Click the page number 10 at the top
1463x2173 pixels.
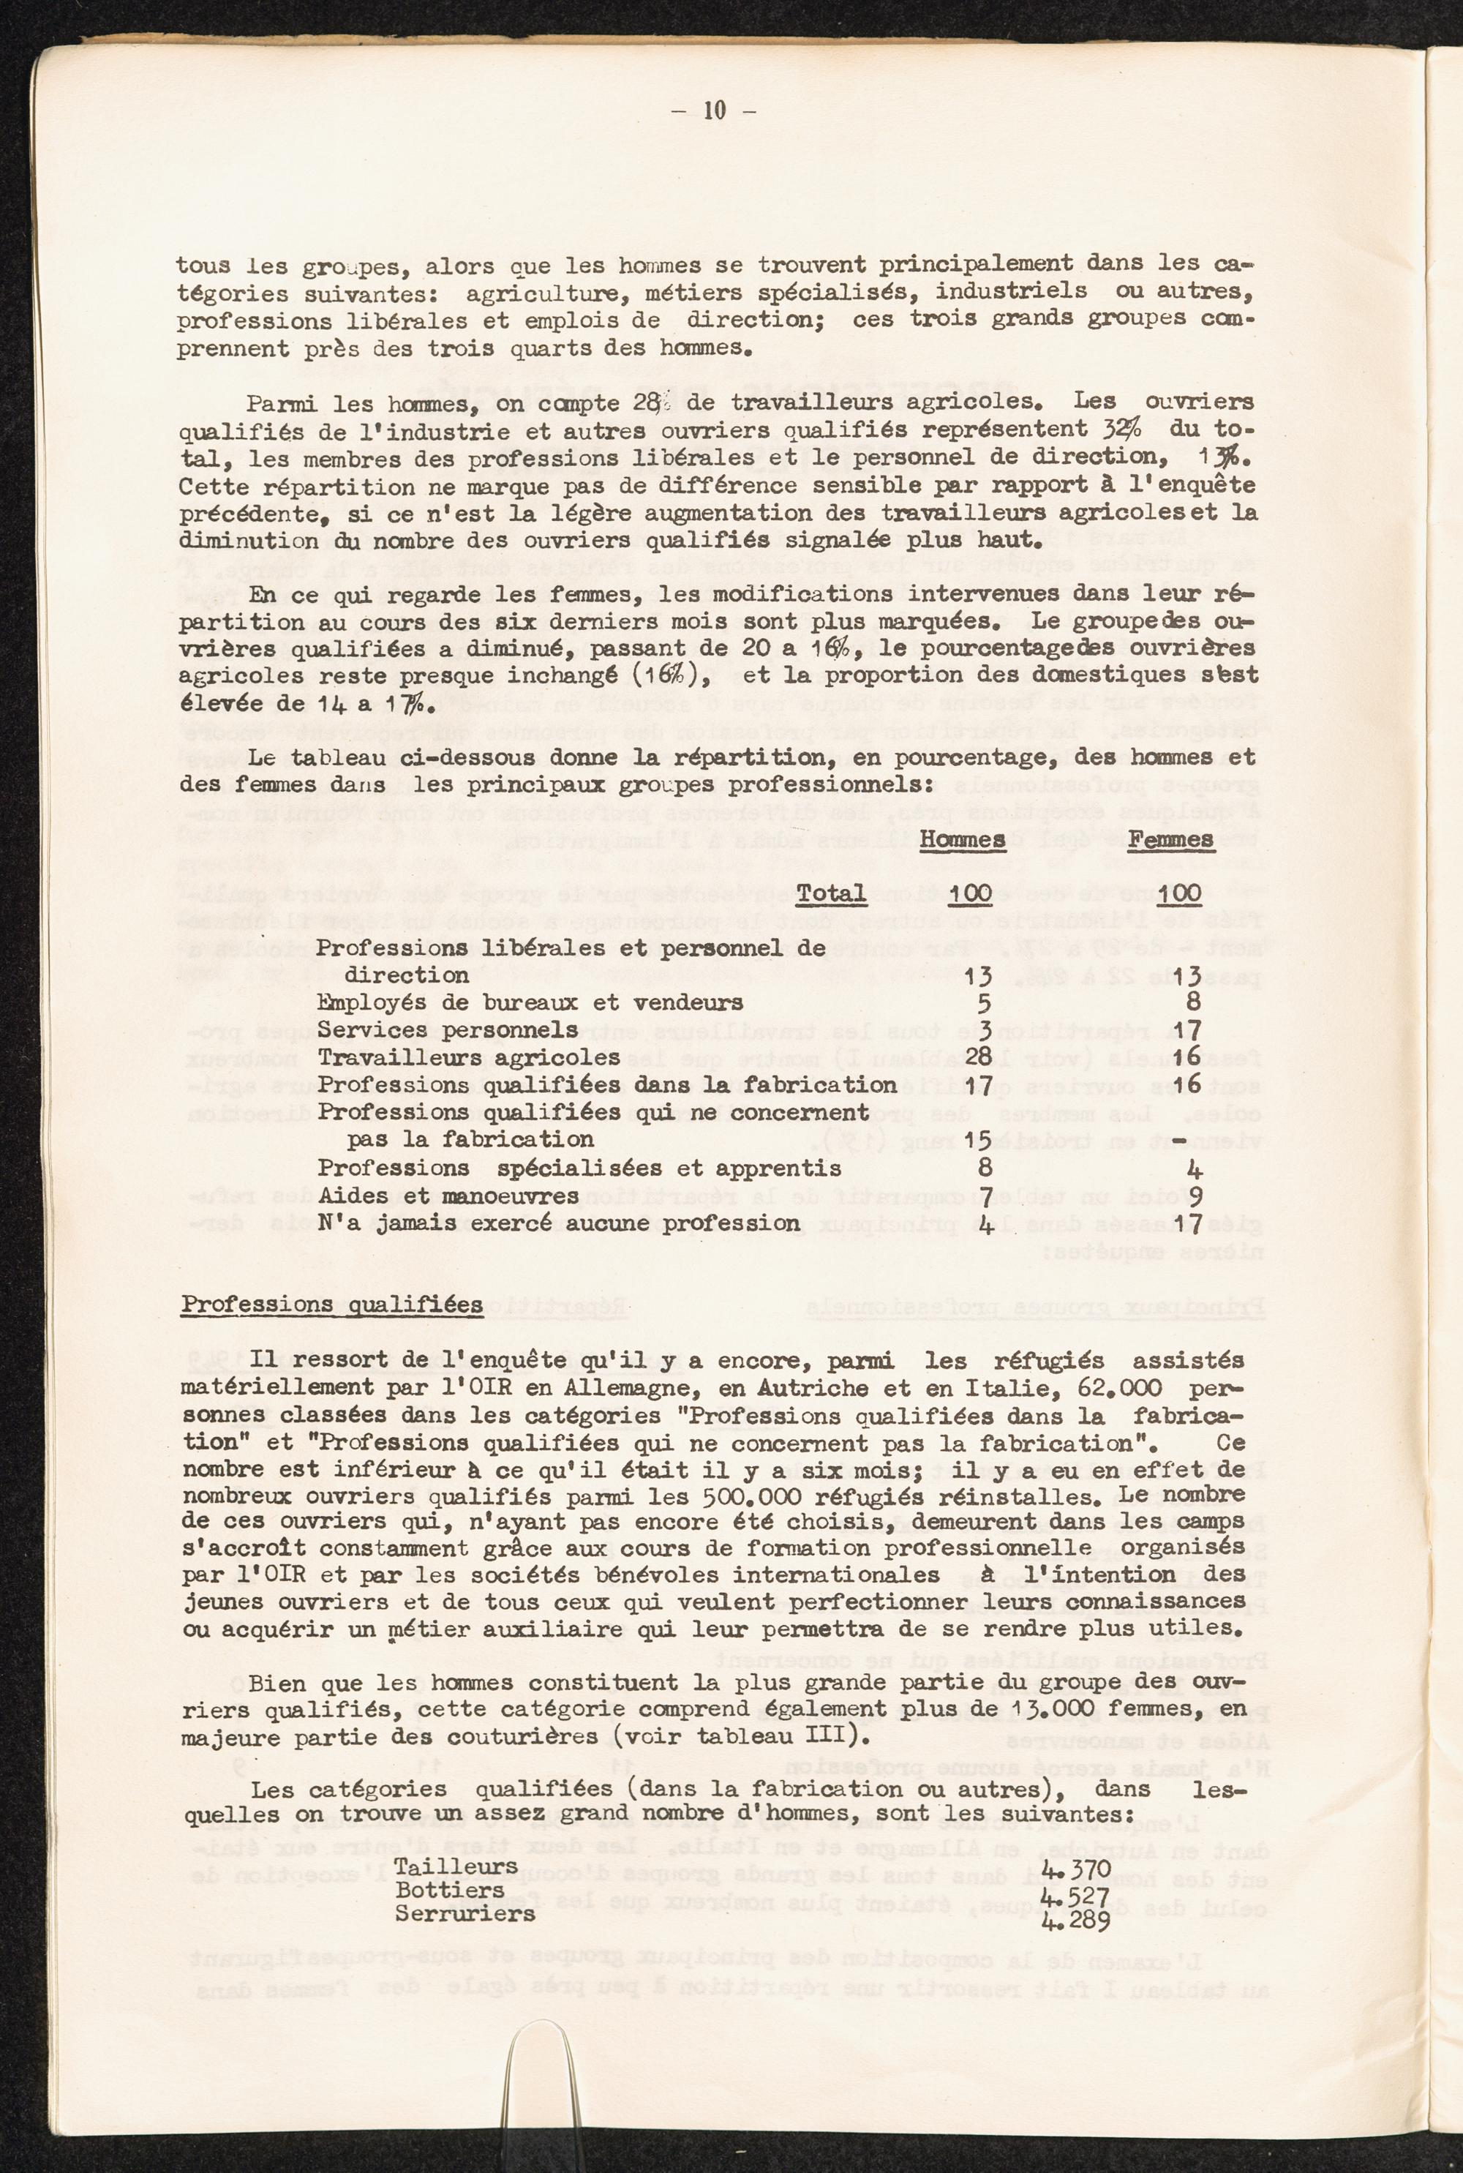click(x=715, y=110)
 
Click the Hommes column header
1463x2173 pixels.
click(x=962, y=838)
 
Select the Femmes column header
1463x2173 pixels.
click(x=1171, y=838)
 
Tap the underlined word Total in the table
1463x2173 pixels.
click(x=830, y=893)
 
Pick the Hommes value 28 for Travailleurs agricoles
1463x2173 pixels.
click(x=971, y=1057)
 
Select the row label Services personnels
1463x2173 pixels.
click(x=448, y=1029)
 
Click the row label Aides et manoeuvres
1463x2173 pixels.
click(x=448, y=1196)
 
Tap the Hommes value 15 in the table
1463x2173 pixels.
click(x=971, y=1139)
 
